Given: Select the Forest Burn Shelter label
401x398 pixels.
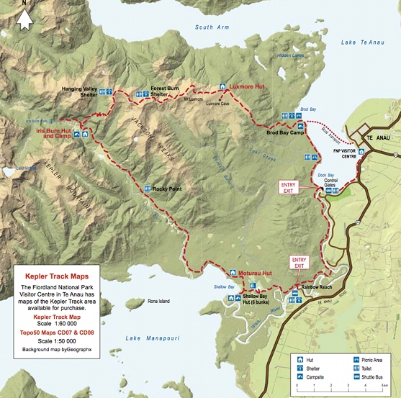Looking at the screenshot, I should tap(164, 91).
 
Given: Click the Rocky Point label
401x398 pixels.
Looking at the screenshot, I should tap(166, 189).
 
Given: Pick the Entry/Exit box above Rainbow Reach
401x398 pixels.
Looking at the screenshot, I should tap(299, 262).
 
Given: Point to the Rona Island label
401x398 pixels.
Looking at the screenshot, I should tap(158, 301).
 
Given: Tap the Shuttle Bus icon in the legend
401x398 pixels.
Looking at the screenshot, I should tap(354, 376).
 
